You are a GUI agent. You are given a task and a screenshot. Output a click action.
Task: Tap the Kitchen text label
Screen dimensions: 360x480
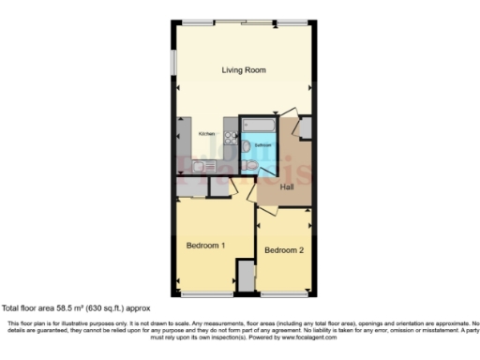[x=205, y=134]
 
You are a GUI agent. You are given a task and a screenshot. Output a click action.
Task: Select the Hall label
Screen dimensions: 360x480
[x=287, y=187]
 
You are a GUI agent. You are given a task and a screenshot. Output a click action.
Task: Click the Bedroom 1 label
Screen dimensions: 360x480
[x=205, y=245]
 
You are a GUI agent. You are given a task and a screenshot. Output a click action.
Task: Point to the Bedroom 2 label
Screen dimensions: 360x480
[x=283, y=250]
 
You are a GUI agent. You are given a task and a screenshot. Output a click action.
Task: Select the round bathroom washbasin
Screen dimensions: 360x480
[x=246, y=147]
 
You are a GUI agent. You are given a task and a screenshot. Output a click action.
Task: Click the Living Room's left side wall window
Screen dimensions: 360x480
[x=172, y=66]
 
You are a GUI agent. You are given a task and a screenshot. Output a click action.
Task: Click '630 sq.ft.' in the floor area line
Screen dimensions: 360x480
[x=97, y=307]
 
